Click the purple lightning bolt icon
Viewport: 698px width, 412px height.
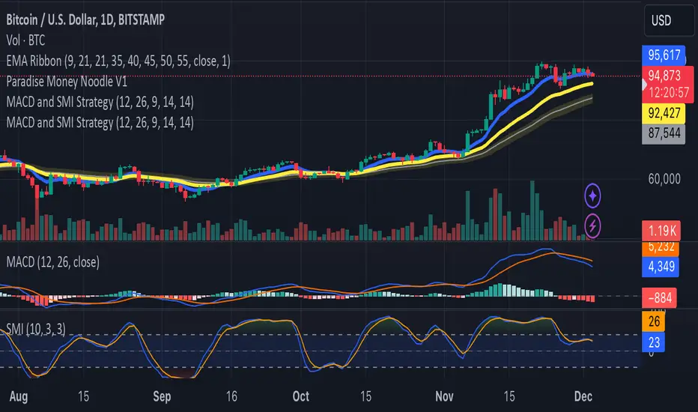[x=593, y=223]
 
